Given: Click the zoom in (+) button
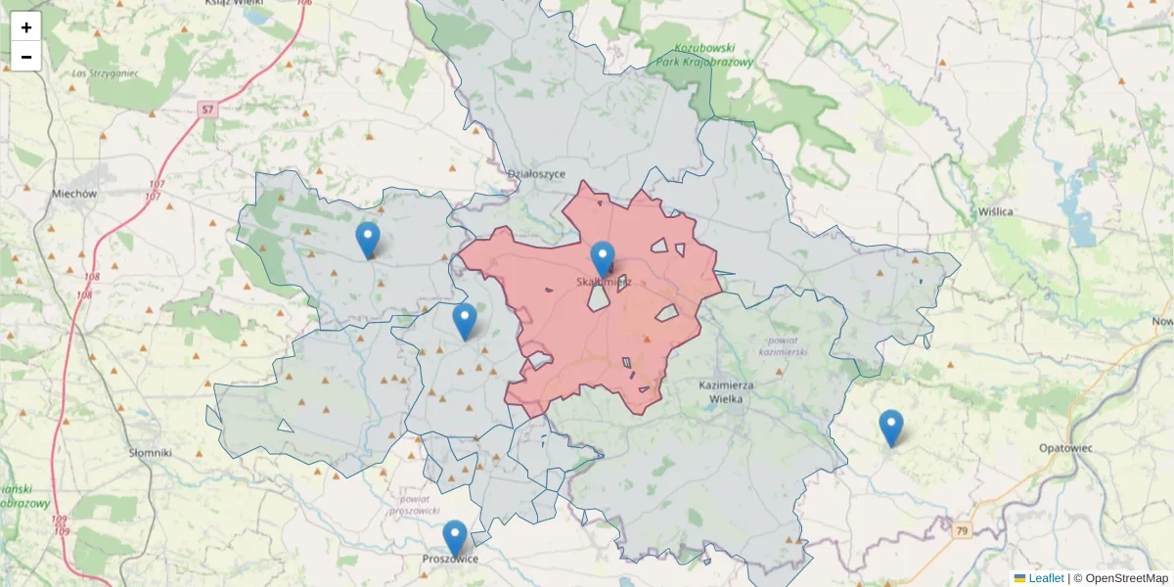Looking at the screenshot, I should (x=26, y=27).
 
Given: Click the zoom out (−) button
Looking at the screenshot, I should (x=26, y=57).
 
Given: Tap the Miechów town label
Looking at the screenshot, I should (x=74, y=194).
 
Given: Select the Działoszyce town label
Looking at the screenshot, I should (x=537, y=174).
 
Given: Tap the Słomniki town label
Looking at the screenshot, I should (x=151, y=453).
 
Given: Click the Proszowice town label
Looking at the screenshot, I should (x=450, y=559).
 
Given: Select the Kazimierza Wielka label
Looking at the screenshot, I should (x=726, y=392).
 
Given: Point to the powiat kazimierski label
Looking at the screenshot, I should (x=782, y=344).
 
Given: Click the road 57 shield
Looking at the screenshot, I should (x=206, y=110).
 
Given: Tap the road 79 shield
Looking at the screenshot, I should (x=962, y=531).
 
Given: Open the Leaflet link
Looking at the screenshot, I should (x=1045, y=578).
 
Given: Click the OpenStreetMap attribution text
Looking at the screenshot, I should (x=1126, y=578).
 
